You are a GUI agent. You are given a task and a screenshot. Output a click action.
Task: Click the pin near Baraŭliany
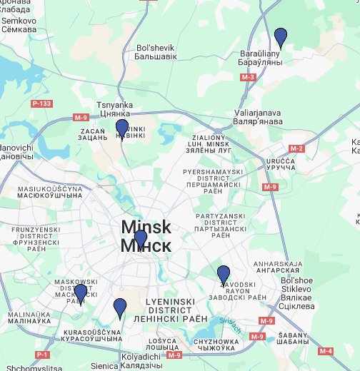281,37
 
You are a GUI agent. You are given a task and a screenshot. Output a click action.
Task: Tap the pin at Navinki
122,129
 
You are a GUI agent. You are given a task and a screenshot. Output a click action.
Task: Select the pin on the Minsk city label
140,239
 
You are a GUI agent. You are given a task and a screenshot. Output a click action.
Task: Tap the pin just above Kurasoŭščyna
120,308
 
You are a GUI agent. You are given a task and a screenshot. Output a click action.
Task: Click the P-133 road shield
42,104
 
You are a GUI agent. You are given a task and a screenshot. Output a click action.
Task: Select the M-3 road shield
248,76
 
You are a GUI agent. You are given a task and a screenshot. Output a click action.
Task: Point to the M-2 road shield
297,148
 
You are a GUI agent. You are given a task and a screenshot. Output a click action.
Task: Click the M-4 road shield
326,350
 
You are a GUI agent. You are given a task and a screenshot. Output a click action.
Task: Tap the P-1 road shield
42,355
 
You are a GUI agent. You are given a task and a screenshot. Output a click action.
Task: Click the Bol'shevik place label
155,52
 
